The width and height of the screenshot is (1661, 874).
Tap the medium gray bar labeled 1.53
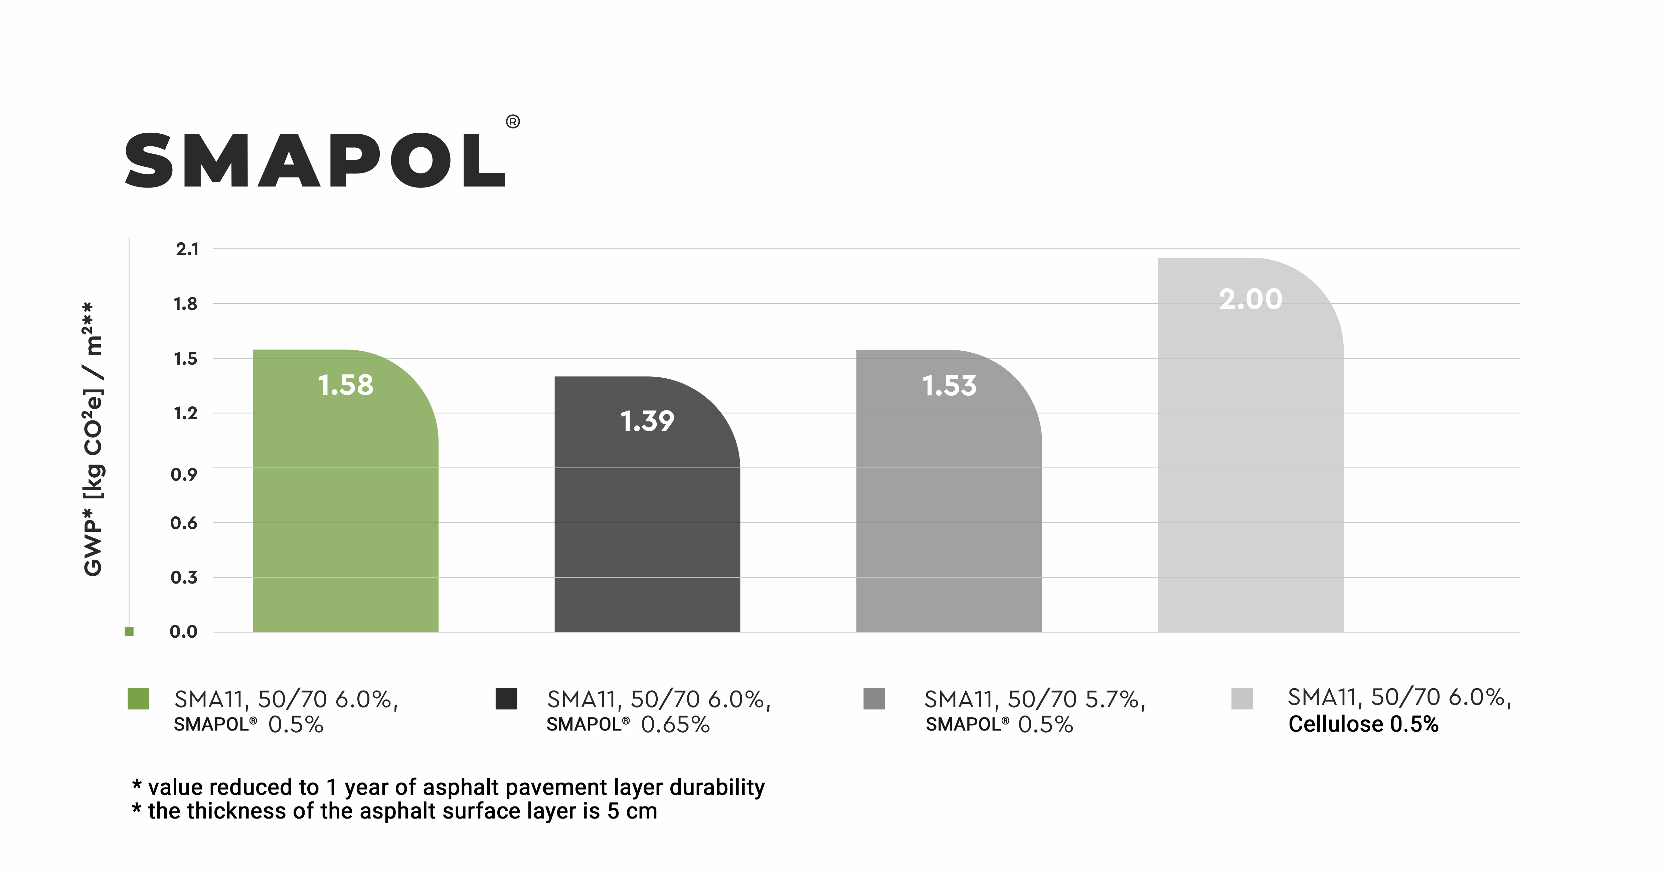[949, 503]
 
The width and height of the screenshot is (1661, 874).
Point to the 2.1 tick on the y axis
[187, 249]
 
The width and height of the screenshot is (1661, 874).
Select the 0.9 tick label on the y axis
[184, 475]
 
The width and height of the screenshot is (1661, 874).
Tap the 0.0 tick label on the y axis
[184, 632]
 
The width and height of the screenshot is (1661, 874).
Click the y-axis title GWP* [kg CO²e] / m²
[94, 439]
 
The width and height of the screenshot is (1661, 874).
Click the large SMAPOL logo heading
[315, 161]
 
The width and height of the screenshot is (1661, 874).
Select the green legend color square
[139, 699]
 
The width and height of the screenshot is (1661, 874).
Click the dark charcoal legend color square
[506, 699]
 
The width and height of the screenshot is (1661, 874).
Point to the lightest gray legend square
[1242, 699]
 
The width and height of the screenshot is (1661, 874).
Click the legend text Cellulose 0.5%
[1363, 724]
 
